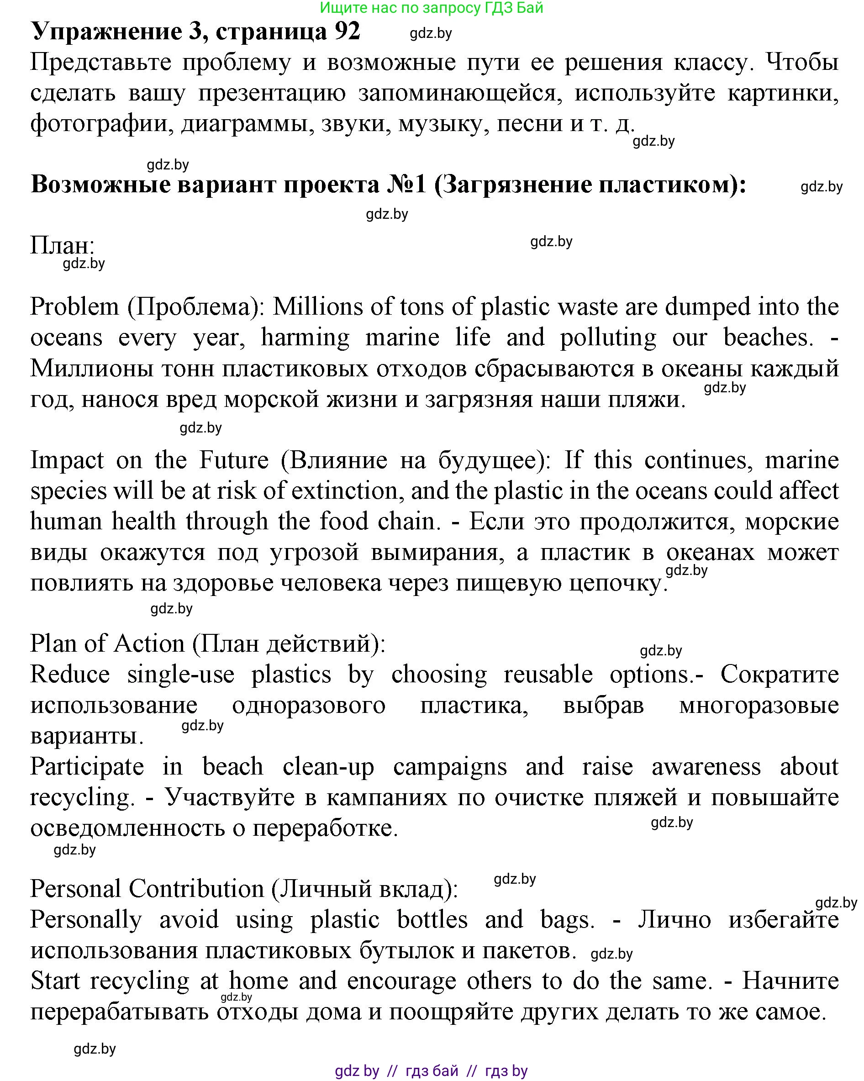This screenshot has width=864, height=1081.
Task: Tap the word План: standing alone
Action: pos(62,246)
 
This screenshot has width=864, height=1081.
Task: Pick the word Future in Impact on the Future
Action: pos(234,460)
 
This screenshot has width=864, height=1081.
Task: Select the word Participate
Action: pos(87,767)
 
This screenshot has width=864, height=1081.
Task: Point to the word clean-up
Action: pos(328,767)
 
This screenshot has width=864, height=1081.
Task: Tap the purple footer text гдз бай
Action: pos(432,1071)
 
